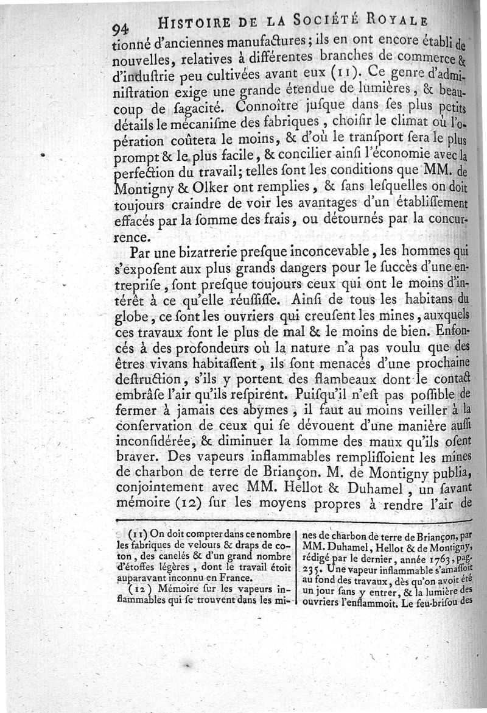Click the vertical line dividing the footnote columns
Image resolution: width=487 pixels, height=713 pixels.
point(297,567)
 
